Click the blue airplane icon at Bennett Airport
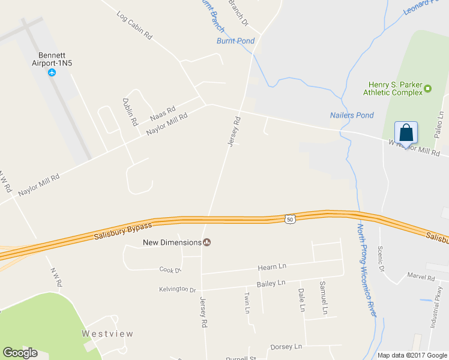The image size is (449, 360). pos(52,73)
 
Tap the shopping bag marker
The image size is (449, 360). pos(406,133)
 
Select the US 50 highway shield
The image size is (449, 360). pos(291,220)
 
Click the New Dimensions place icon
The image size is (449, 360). pos(207,242)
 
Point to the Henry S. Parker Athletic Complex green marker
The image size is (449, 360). pos(427,89)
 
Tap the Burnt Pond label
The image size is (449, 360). pos(235,41)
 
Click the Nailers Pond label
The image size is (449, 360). pos(352,115)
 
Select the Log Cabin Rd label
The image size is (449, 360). pos(134,25)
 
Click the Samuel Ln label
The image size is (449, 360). pos(324,298)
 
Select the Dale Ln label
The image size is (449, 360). pos(302,299)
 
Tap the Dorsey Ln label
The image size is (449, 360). pos(285,346)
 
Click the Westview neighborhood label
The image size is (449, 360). pos(107,334)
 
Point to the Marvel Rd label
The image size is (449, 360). pos(420,278)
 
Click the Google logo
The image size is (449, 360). pos(20,352)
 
